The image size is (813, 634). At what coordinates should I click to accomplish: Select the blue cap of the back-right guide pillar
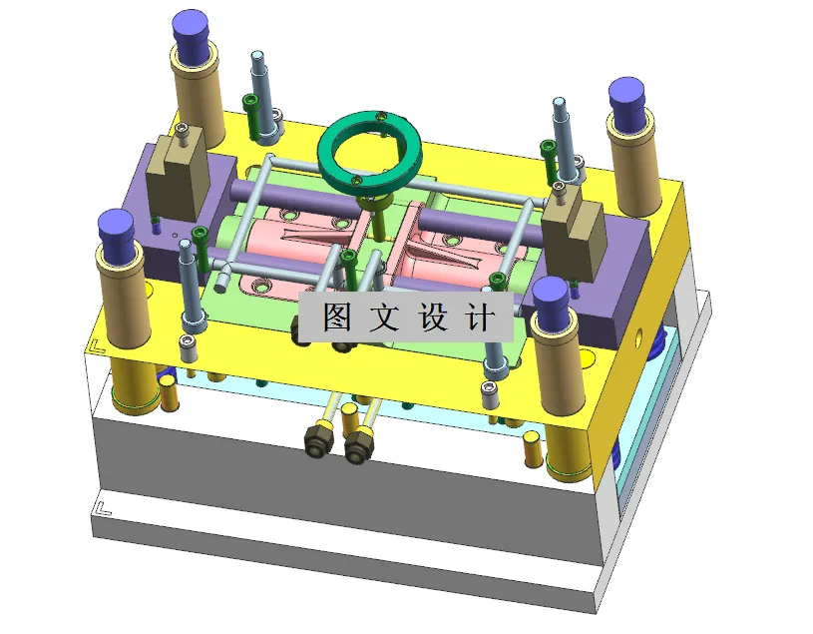[x=629, y=100]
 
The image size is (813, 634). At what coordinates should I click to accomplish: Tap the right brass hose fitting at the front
[x=357, y=446]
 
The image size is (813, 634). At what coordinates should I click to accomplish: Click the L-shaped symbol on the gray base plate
[x=100, y=507]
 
